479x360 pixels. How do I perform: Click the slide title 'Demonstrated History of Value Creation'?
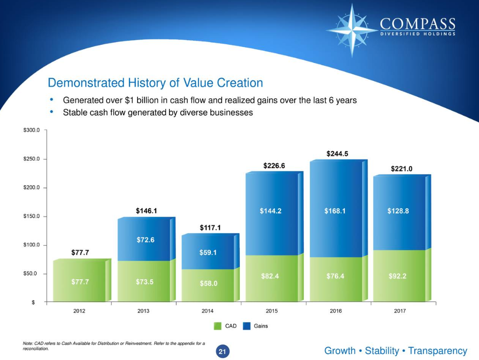point(155,83)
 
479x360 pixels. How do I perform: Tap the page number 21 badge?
point(222,351)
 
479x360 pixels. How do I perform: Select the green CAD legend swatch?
point(218,326)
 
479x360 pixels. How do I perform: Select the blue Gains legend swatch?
point(246,326)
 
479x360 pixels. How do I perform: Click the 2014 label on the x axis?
point(208,311)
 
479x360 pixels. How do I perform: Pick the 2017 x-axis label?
point(400,311)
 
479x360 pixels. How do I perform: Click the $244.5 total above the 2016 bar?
point(337,154)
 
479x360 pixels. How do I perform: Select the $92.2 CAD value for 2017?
point(397,276)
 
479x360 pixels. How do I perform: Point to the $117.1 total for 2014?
point(210,227)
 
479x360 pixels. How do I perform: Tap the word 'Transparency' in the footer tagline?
point(438,351)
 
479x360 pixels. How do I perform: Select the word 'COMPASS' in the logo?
point(418,24)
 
